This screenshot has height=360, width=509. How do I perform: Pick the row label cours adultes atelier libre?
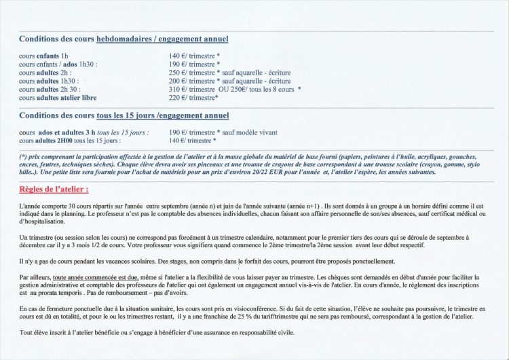pyautogui.click(x=58, y=97)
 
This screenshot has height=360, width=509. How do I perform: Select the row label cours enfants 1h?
pyautogui.click(x=43, y=56)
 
